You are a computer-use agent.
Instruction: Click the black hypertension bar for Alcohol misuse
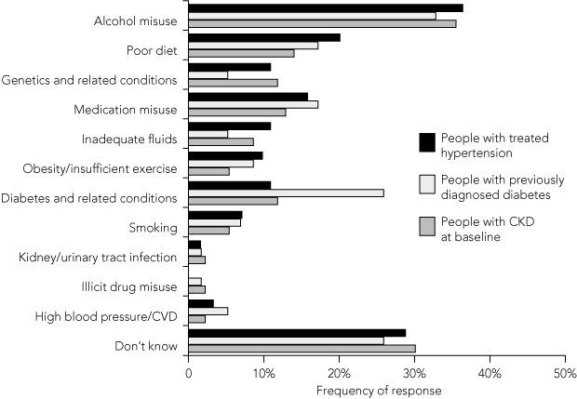coord(326,7)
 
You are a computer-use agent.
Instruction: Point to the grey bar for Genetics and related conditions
coord(233,83)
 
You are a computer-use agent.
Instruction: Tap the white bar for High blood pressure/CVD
coord(208,312)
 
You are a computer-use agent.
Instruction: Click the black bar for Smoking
coord(215,215)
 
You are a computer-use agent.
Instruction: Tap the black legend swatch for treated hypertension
coord(427,141)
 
